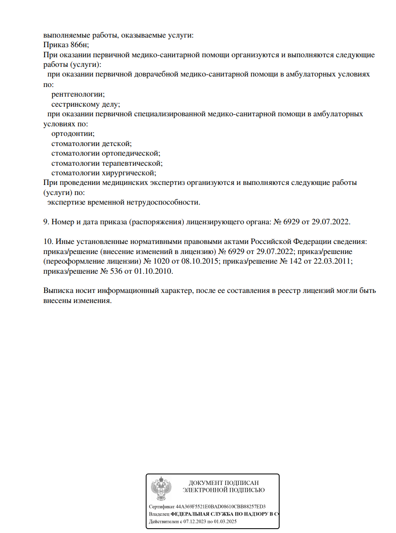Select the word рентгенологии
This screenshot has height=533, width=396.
(x=78, y=94)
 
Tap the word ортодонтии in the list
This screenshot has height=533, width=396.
(x=73, y=134)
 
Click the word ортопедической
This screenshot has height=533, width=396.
(x=131, y=153)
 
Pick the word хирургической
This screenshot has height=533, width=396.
(x=129, y=173)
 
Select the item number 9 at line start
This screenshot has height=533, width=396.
(x=46, y=222)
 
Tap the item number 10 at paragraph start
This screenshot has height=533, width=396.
(x=48, y=242)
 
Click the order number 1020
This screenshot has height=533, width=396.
(x=168, y=261)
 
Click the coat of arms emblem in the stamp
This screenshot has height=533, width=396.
(x=161, y=489)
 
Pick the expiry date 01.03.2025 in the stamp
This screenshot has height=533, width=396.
(x=227, y=522)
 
